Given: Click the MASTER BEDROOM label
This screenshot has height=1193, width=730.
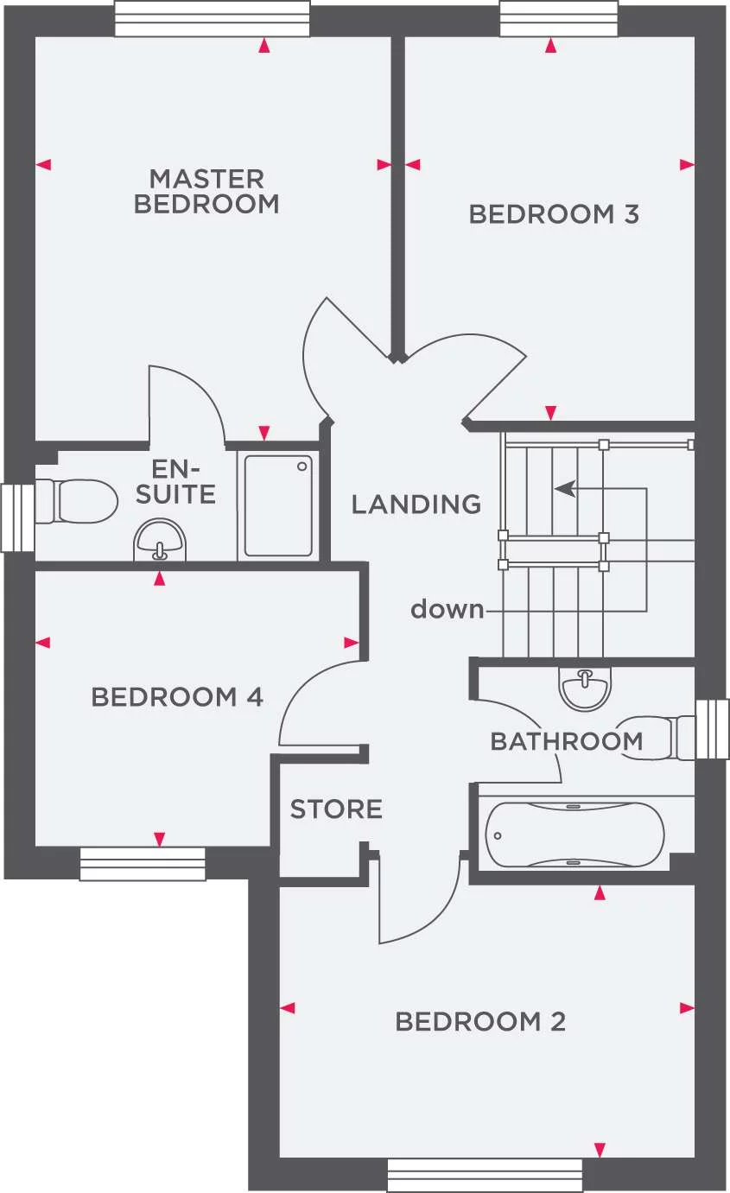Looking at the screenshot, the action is coord(206,191).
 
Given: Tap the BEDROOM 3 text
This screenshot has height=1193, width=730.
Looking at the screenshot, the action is coord(554,214).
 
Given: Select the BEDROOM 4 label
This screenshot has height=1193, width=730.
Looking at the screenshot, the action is coord(177,696).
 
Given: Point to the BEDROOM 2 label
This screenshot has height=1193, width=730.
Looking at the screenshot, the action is coord(480,1021).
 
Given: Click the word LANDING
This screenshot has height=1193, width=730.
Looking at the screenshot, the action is coord(416,504).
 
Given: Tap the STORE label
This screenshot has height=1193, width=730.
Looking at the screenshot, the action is coord(336,809).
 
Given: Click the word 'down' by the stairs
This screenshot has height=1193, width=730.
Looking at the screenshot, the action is coord(448,609).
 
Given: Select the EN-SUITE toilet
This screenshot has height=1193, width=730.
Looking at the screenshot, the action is coord(76,501).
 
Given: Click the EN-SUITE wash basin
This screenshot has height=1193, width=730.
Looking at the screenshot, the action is coord(159,540).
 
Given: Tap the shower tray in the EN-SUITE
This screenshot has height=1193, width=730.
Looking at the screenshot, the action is coord(278,505).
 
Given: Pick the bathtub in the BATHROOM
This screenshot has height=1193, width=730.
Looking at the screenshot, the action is coord(575,834).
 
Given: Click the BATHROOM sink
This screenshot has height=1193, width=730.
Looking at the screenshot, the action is coord(585,689).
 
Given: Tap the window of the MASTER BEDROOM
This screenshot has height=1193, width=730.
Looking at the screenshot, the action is coord(213,19).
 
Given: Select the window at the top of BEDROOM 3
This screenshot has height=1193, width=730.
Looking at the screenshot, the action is coord(559,19).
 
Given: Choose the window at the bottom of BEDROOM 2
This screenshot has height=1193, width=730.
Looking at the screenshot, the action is coord(485,1174).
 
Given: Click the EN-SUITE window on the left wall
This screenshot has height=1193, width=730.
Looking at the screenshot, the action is coord(17,517).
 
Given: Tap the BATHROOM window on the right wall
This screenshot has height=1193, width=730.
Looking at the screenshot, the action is coord(713,729).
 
